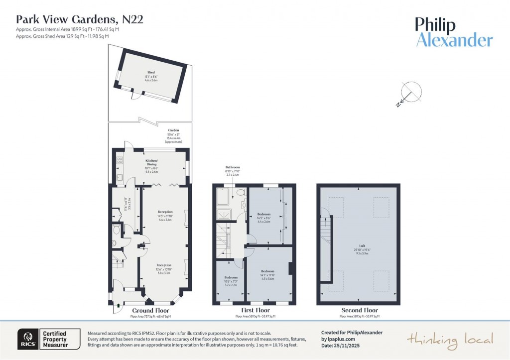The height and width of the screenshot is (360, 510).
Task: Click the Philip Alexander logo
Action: tap(454, 32)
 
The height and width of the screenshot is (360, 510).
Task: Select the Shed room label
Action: tap(151, 73)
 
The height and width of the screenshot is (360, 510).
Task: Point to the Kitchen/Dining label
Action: tap(151, 161)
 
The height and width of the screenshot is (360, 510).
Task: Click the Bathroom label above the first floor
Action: tap(233, 167)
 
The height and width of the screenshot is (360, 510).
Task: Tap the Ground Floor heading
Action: tap(150, 310)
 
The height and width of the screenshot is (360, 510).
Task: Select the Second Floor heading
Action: tap(359, 310)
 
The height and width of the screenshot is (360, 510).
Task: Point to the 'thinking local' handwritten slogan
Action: tap(450, 340)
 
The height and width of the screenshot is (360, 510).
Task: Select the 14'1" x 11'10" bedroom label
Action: tap(268, 271)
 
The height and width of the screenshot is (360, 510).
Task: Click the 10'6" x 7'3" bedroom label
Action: tap(230, 277)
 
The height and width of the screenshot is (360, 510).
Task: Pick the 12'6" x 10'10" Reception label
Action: tap(164, 265)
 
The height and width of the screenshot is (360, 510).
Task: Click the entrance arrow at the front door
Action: tap(118, 306)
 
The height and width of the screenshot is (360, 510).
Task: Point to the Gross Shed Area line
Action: tap(62, 36)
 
